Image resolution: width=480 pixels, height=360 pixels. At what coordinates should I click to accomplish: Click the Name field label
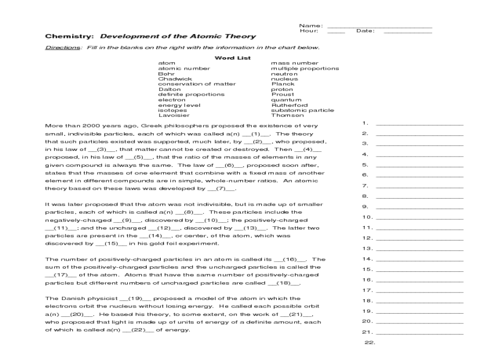click(310, 25)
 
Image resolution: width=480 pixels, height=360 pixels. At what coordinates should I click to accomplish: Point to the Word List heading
click(232, 58)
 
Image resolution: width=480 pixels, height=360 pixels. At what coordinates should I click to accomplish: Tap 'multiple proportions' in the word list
click(305, 68)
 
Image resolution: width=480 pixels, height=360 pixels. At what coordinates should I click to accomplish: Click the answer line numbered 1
click(419, 125)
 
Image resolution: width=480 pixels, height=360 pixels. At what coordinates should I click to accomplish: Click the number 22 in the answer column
click(369, 342)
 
